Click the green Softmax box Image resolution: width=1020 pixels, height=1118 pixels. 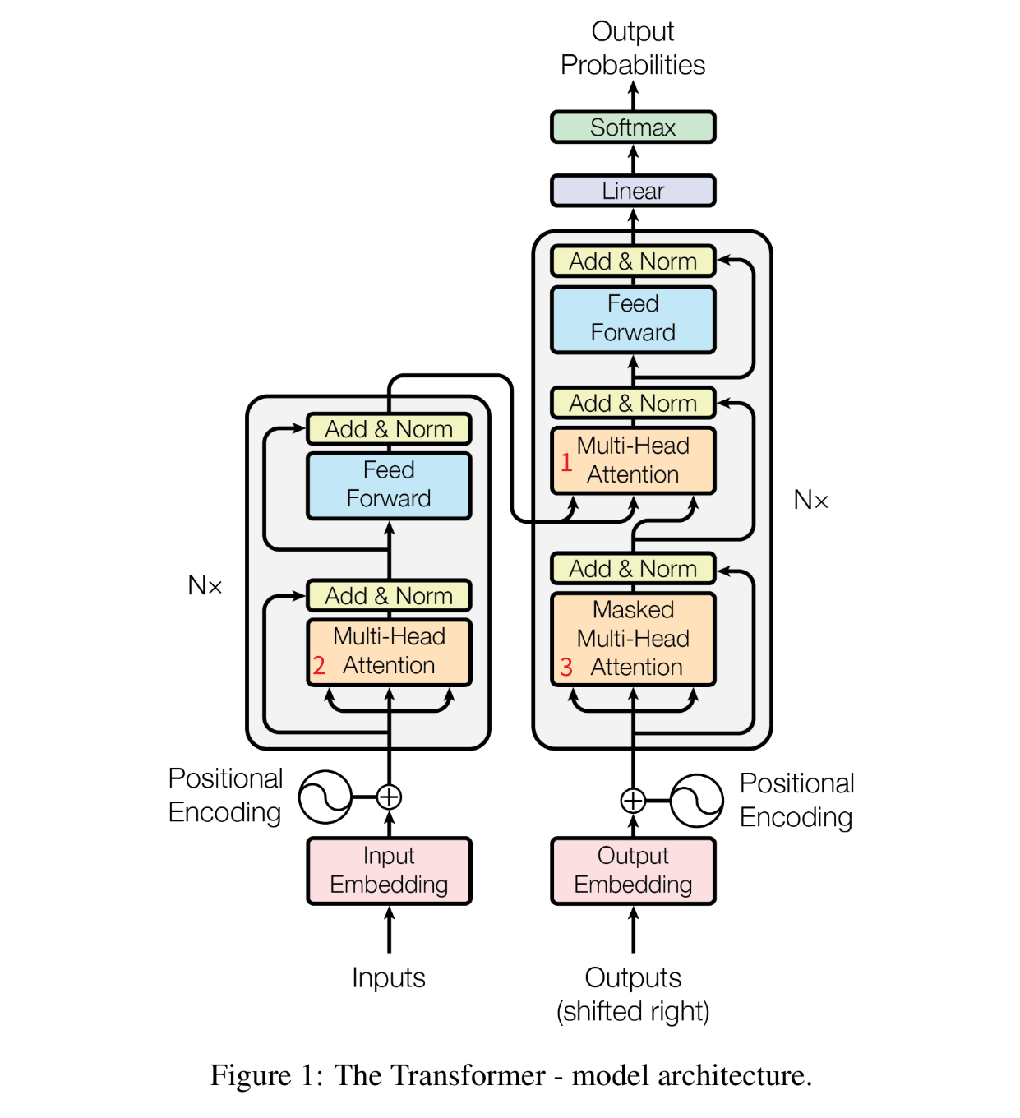tap(633, 127)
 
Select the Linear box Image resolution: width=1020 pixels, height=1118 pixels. tap(633, 191)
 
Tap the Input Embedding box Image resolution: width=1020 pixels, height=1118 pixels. tap(389, 871)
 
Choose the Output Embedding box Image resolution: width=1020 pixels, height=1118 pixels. tap(633, 871)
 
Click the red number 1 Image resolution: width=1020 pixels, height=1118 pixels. tap(566, 462)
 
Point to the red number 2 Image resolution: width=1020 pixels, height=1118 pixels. tap(319, 665)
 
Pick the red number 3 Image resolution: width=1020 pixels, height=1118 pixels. tap(566, 667)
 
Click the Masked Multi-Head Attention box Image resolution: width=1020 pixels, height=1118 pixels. tap(633, 639)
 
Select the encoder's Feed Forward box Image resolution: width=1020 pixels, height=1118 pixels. tap(389, 485)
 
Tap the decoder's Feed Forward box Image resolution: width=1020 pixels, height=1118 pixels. tap(633, 319)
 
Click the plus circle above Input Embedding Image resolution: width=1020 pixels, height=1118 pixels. tap(389, 797)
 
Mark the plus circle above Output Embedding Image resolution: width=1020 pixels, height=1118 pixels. tap(633, 800)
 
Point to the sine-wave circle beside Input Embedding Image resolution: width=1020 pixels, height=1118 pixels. tap(325, 797)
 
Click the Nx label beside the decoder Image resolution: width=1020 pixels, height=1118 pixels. tap(810, 500)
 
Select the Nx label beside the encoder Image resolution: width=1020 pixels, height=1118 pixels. tap(205, 585)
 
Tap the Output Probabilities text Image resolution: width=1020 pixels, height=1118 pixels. tap(633, 49)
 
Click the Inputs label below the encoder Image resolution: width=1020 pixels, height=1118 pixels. tap(389, 977)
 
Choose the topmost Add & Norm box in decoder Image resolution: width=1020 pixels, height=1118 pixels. tap(633, 261)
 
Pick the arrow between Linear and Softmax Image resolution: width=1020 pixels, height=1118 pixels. tap(633, 159)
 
